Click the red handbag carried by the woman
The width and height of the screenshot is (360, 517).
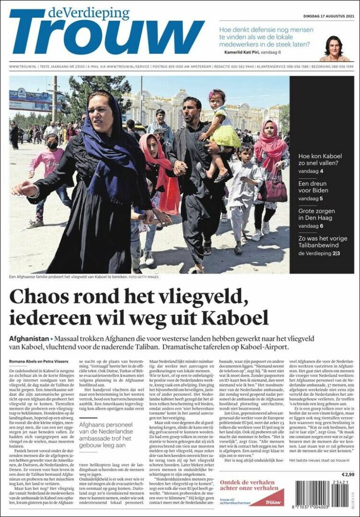point(272,190)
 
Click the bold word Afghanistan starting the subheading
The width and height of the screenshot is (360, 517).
point(29,339)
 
